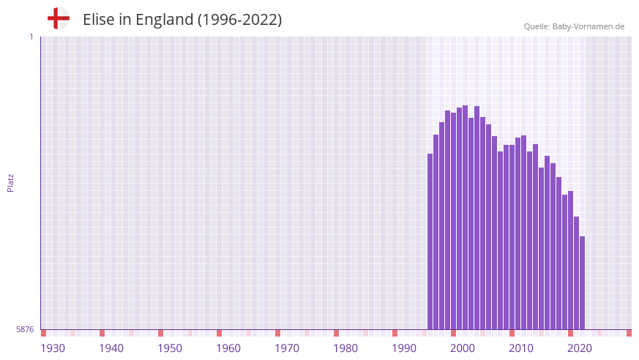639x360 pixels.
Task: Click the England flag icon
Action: click(x=59, y=19)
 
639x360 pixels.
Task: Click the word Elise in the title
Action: click(x=98, y=20)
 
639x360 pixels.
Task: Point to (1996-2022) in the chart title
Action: click(x=239, y=20)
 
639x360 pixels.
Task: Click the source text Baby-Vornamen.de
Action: click(x=588, y=26)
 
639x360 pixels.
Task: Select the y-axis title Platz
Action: click(x=10, y=183)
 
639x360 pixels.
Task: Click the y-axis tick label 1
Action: click(x=31, y=37)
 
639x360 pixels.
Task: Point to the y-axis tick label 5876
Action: click(x=25, y=330)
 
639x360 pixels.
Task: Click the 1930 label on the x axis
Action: click(x=53, y=348)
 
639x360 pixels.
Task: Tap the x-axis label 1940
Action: click(x=111, y=348)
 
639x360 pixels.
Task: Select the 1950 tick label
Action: click(x=170, y=348)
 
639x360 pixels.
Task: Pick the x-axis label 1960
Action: click(x=228, y=348)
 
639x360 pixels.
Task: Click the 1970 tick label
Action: click(x=287, y=348)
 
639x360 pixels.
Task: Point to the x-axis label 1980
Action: click(x=345, y=348)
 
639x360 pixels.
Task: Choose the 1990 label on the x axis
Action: click(x=404, y=348)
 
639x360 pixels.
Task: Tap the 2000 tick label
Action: click(x=463, y=348)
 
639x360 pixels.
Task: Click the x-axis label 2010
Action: click(x=521, y=348)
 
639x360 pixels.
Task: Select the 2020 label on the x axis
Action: click(x=580, y=348)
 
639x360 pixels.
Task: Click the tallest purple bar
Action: click(x=465, y=220)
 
